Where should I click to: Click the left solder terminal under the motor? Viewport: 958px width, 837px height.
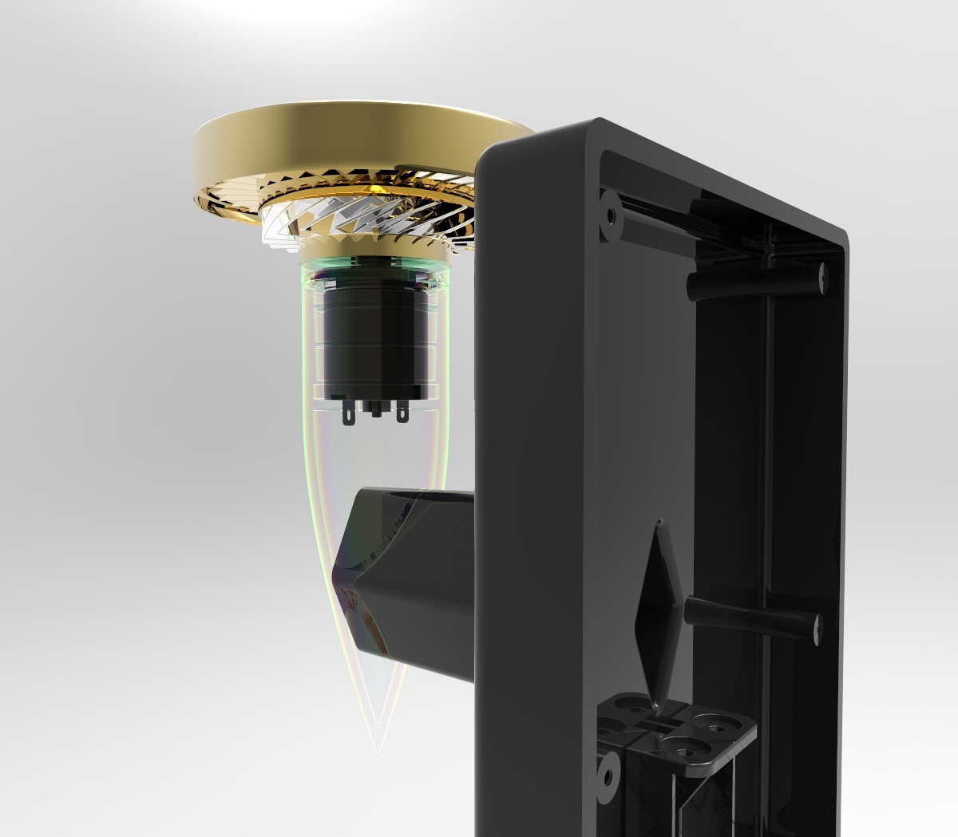348,414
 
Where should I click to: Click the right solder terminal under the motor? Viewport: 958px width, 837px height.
402,413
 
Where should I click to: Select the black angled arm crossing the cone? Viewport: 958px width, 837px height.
415,574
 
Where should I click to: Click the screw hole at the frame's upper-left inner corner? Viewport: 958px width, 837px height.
611,215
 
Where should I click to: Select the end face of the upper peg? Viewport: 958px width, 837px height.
821,276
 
